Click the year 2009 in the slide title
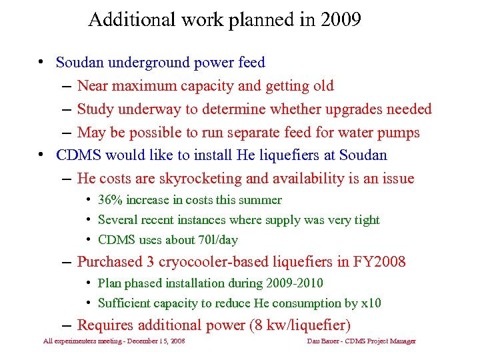[x=340, y=19]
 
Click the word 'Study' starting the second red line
[x=94, y=109]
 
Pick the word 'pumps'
[x=398, y=133]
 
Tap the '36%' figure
[x=110, y=200]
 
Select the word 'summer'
[x=262, y=200]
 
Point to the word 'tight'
[x=365, y=220]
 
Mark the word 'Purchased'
[x=110, y=261]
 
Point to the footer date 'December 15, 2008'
[x=147, y=341]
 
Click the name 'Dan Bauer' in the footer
[x=320, y=341]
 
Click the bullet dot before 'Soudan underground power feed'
[x=41, y=63]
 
